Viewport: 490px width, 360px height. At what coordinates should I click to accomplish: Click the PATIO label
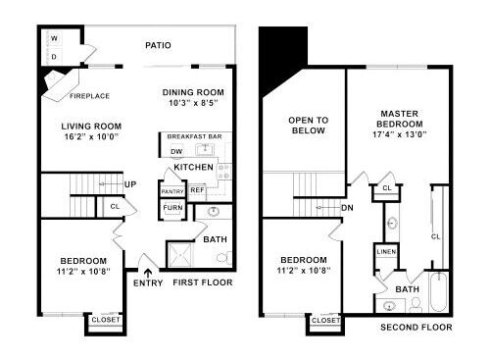pyautogui.click(x=158, y=45)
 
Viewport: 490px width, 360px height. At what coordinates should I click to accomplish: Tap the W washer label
pyautogui.click(x=54, y=38)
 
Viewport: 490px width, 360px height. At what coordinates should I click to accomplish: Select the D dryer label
pyautogui.click(x=54, y=57)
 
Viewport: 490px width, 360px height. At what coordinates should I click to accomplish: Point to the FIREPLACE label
pyautogui.click(x=89, y=96)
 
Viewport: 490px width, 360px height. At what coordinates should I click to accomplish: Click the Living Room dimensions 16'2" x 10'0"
pyautogui.click(x=91, y=136)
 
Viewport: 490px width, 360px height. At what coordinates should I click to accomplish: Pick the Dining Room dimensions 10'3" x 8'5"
pyautogui.click(x=193, y=103)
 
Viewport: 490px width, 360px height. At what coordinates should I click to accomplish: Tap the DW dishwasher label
pyautogui.click(x=176, y=151)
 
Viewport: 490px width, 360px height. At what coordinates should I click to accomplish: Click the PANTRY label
pyautogui.click(x=172, y=191)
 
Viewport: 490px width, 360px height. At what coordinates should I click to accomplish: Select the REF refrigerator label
pyautogui.click(x=198, y=190)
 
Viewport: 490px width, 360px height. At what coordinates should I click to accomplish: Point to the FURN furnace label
pyautogui.click(x=172, y=208)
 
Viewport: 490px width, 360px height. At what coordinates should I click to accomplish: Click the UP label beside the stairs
pyautogui.click(x=130, y=184)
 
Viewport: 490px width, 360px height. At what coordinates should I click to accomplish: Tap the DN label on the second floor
pyautogui.click(x=347, y=208)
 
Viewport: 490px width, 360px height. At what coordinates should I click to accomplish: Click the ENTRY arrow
pyautogui.click(x=148, y=273)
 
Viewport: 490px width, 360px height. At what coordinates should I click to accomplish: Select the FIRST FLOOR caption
pyautogui.click(x=203, y=283)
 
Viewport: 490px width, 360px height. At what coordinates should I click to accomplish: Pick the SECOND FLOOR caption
pyautogui.click(x=416, y=327)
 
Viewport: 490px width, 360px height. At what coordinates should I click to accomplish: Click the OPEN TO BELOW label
pyautogui.click(x=309, y=126)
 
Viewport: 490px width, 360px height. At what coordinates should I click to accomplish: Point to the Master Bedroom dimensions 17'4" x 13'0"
pyautogui.click(x=400, y=134)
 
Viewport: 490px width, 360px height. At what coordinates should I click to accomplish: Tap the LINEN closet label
pyautogui.click(x=386, y=252)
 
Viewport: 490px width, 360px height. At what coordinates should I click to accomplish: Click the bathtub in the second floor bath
pyautogui.click(x=438, y=292)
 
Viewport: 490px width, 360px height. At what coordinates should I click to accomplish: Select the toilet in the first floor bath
pyautogui.click(x=224, y=257)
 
